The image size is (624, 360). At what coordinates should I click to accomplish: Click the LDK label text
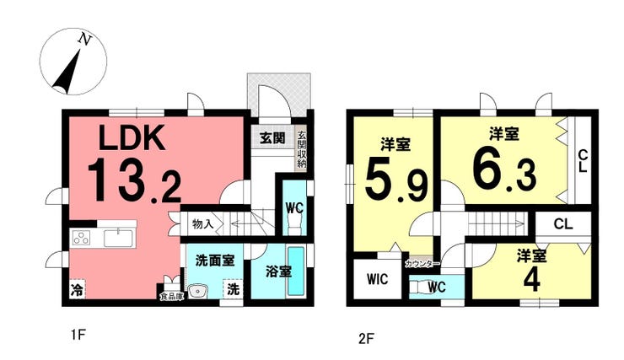coord(132,137)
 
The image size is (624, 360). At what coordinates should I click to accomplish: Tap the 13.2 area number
coord(135,181)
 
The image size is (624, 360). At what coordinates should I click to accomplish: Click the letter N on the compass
coord(85,39)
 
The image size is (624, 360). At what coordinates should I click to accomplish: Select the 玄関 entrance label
coord(272,138)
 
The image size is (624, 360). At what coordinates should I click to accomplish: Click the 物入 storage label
coord(203,224)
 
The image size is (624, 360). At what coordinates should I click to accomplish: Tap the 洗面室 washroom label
coord(215,261)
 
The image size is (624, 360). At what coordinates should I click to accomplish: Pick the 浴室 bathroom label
coord(278,271)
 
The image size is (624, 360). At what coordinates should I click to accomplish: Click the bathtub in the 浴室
coord(296,271)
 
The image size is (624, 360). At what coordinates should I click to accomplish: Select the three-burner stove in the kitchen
coord(82,238)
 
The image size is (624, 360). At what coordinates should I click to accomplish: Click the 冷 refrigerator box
coord(78,289)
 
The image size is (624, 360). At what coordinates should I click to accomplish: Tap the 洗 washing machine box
coord(234,288)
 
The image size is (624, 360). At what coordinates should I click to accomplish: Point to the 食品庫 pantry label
coord(172,297)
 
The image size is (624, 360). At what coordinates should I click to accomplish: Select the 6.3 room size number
coord(504,171)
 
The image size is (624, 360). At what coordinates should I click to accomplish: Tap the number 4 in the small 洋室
coord(532,281)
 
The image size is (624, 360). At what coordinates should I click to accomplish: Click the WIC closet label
coord(377,279)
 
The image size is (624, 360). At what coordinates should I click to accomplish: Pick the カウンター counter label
coord(422,263)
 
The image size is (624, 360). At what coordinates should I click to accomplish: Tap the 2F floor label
coord(366,339)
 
